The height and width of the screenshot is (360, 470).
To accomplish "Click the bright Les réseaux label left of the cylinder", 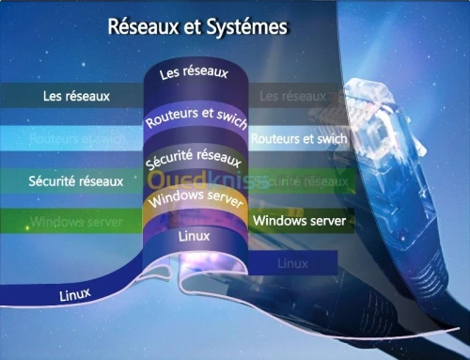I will coord(77,96).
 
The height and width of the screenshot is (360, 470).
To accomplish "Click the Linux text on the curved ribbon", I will coord(75,294).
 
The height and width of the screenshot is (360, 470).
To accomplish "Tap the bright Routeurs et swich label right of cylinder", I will coord(300,139).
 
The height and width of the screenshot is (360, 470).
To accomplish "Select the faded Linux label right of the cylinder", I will coord(293,264).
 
